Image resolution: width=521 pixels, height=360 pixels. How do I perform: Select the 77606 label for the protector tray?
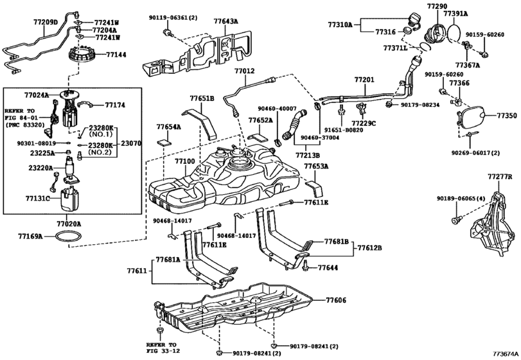coord(335,300)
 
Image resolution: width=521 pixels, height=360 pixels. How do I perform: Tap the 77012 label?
coord(244,71)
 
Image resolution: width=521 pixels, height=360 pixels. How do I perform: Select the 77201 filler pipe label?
coord(364,80)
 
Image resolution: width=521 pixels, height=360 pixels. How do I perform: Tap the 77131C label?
coord(38,199)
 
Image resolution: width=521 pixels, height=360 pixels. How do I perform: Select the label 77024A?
coord(37,95)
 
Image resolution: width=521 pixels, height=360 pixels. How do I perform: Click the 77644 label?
coord(328,267)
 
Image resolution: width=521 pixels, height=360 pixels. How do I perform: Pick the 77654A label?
coord(169,127)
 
